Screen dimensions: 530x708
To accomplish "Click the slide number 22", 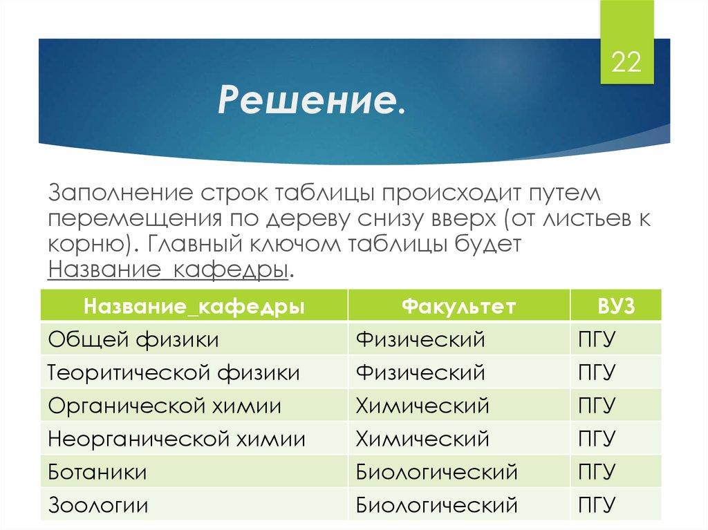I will [x=625, y=64].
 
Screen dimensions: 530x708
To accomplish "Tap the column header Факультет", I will [x=458, y=306].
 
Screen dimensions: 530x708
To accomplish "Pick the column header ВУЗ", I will [x=615, y=306].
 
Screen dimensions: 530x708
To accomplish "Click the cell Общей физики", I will [x=133, y=339].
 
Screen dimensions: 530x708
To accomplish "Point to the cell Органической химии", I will [x=165, y=406].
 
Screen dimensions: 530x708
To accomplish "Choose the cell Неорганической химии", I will [x=176, y=439].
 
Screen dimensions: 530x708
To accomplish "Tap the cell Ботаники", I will [x=97, y=472].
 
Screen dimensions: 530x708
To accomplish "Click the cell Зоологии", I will [x=98, y=505].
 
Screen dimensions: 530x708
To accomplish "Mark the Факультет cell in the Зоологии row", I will [x=436, y=505].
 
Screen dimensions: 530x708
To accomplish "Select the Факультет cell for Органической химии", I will [x=422, y=406].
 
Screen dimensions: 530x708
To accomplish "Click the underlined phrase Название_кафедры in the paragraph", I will [x=168, y=269].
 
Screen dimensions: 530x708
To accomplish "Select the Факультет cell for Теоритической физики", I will [x=420, y=372].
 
